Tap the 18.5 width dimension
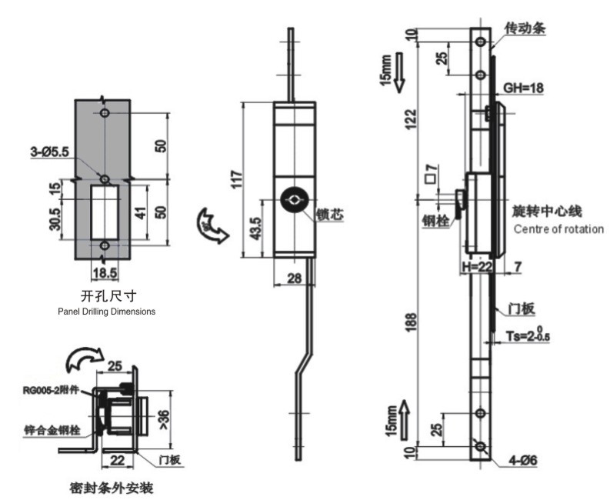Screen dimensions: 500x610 [104, 272]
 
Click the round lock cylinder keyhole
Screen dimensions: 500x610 [295, 201]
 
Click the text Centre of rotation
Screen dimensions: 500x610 [558, 229]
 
